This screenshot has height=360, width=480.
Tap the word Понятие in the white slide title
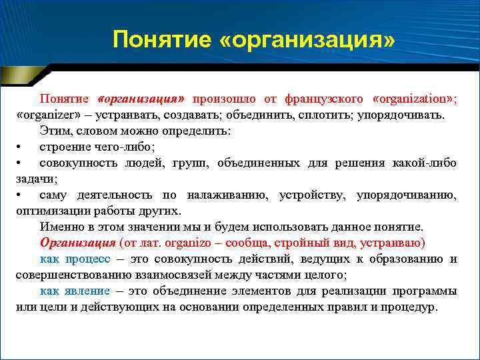pyautogui.click(x=160, y=40)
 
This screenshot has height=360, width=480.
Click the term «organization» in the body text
pyautogui.click(x=414, y=99)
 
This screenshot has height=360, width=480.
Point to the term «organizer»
pyautogui.click(x=45, y=115)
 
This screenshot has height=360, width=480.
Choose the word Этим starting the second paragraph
pyautogui.click(x=54, y=131)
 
